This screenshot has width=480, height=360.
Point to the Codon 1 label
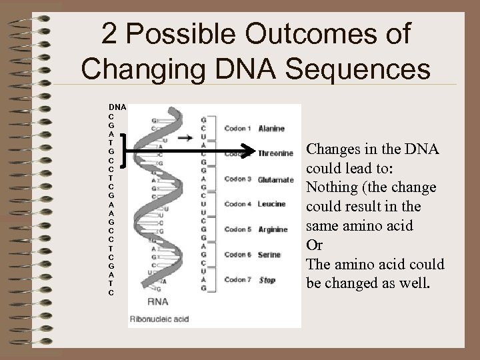click(237, 129)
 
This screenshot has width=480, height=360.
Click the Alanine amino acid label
click(271, 129)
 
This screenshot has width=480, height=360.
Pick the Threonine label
click(275, 153)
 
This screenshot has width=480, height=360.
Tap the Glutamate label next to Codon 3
click(275, 179)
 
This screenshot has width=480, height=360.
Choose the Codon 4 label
click(237, 204)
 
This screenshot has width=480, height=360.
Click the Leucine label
click(271, 204)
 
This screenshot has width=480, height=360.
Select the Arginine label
click(273, 229)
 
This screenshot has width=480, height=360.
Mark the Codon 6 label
click(237, 255)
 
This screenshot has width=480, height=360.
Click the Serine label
click(269, 255)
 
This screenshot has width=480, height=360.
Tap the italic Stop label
click(267, 280)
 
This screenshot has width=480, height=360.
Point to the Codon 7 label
click(237, 280)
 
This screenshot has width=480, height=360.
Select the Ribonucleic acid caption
click(161, 319)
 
